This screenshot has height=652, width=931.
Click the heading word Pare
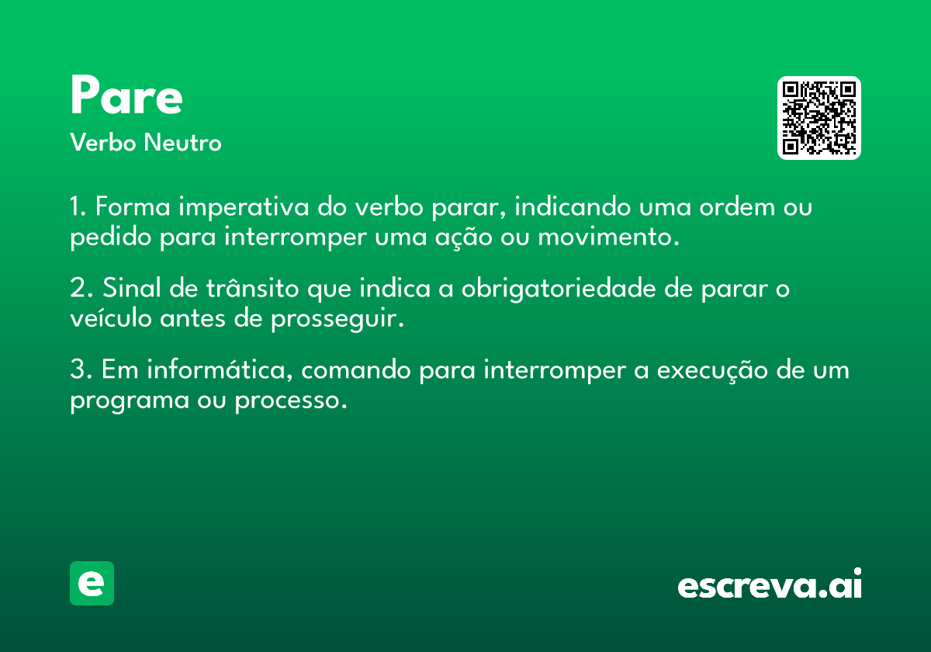[x=126, y=95]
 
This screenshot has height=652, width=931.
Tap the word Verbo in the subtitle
[x=103, y=142]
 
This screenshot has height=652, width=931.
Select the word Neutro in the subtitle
[x=183, y=142]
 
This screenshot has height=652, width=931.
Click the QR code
[x=819, y=118]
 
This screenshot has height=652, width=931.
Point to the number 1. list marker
[x=78, y=206]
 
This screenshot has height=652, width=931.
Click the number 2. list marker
[x=81, y=287]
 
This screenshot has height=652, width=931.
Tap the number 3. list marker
[x=81, y=369]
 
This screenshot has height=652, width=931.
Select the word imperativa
[x=244, y=207]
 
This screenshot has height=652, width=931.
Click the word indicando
[x=573, y=206]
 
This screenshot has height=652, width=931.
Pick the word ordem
[x=737, y=206]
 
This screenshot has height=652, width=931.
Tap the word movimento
[x=608, y=237]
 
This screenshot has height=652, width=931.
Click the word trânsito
[x=253, y=287]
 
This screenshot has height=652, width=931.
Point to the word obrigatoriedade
[x=559, y=289]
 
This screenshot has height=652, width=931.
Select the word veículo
[x=110, y=318]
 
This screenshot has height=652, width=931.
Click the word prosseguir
[x=337, y=320]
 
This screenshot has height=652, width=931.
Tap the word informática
[x=220, y=369]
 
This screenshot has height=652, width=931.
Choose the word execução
[x=712, y=371]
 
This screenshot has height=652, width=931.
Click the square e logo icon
[x=92, y=583]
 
